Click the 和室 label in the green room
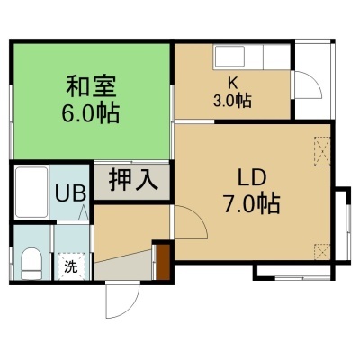click(x=91, y=86)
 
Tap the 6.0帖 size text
click(x=91, y=113)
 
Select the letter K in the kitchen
click(x=232, y=84)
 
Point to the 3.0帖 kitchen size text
click(x=232, y=101)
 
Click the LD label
click(x=252, y=178)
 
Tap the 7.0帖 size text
click(x=251, y=203)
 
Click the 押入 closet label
click(x=133, y=181)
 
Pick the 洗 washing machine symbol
click(x=71, y=266)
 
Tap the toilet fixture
click(x=31, y=264)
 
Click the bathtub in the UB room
click(x=31, y=193)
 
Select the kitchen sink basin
click(x=230, y=57)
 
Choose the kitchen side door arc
click(x=315, y=80)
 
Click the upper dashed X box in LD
click(x=322, y=151)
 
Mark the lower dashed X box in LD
click(x=322, y=252)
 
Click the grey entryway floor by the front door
click(x=124, y=265)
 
